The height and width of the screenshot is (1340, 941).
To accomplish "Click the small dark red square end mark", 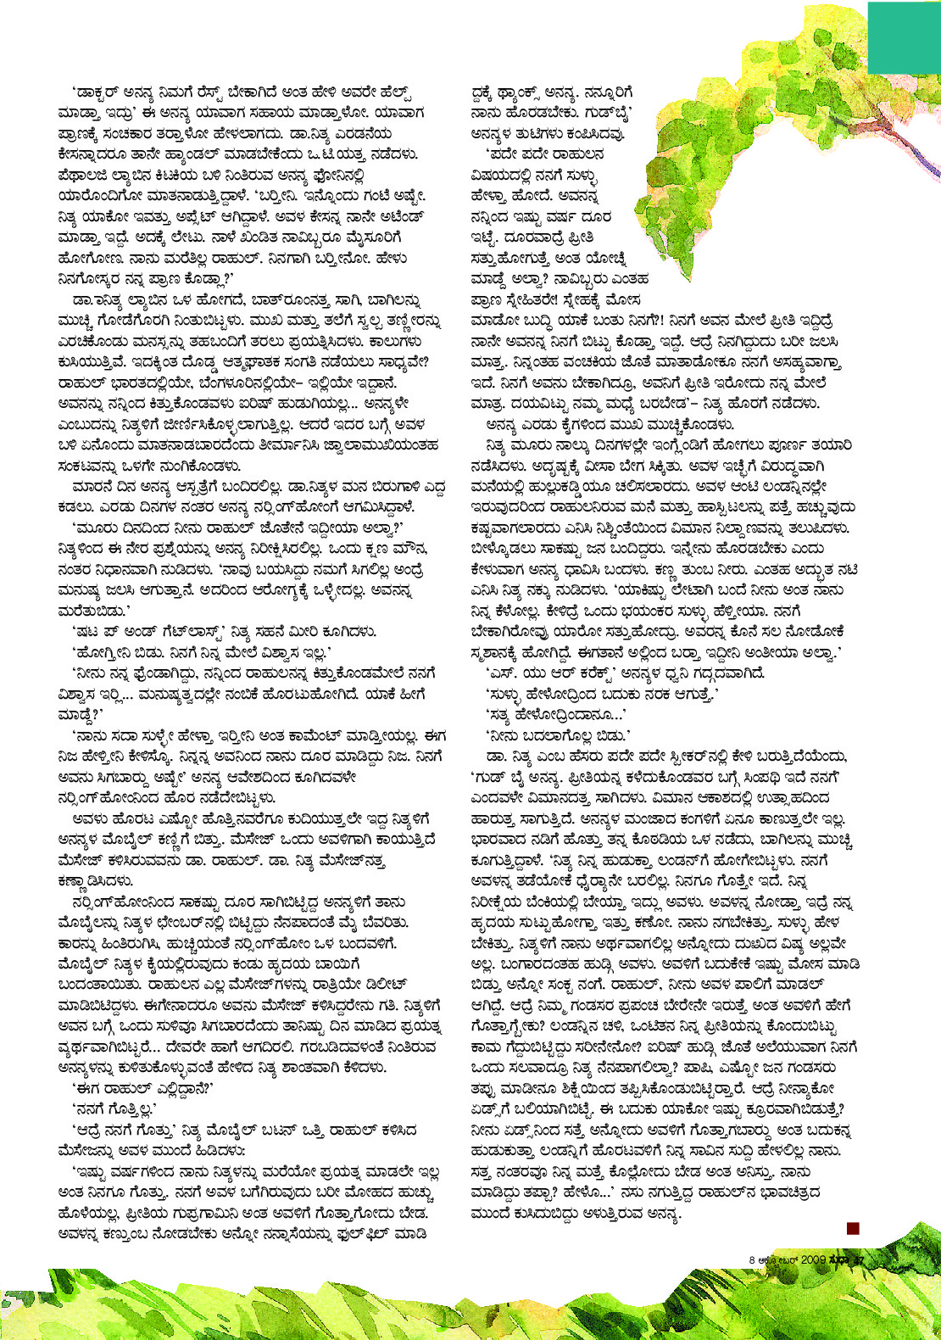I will coord(853,1227).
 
